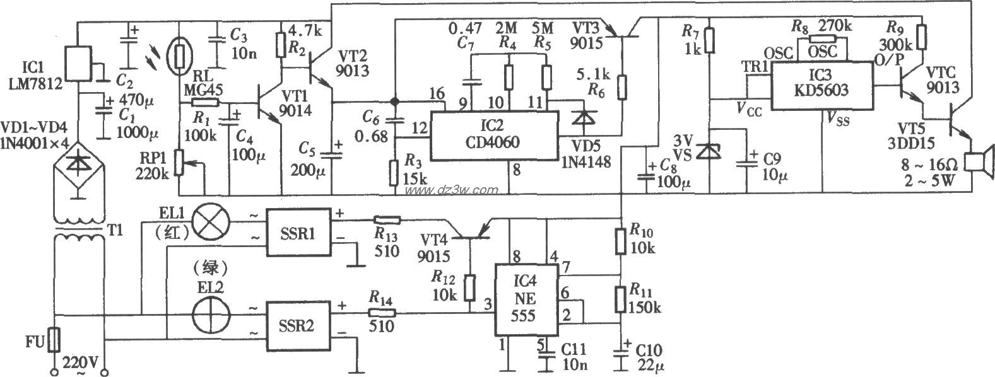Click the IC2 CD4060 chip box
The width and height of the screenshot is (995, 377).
point(495,136)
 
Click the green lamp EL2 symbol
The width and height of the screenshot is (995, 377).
point(208,315)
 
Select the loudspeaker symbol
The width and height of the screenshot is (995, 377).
point(979,161)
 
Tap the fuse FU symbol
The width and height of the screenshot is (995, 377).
point(55,340)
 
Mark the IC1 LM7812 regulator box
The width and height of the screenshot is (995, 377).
point(78,63)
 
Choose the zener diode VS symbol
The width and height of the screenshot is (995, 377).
point(710,151)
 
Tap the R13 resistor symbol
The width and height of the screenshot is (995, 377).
point(386,220)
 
